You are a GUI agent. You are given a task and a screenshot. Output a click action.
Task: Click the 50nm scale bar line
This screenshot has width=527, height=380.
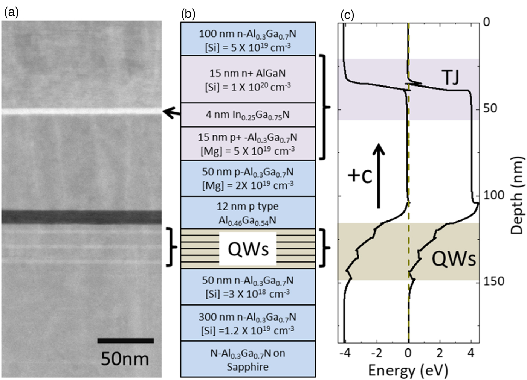(x=125, y=340)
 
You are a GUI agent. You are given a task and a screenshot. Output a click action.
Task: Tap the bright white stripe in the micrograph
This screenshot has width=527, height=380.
(x=81, y=111)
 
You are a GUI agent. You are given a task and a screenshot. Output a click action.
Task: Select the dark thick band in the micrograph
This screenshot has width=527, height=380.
(x=81, y=217)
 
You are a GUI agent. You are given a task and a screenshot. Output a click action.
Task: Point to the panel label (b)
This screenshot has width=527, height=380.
(x=188, y=14)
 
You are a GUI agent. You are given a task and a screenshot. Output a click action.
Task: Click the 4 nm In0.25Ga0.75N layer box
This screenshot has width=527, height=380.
(x=248, y=115)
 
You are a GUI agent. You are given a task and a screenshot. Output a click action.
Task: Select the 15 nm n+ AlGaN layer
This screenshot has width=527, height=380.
(x=248, y=79)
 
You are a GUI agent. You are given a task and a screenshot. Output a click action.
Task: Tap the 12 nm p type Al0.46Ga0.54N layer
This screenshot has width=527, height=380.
(x=248, y=213)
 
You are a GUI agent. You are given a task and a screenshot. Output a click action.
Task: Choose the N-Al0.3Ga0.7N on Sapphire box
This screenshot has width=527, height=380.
(x=248, y=359)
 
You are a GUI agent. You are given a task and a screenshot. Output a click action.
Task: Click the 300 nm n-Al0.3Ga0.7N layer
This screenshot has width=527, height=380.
(x=248, y=323)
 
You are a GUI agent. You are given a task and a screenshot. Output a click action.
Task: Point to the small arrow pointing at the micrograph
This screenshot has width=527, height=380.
(x=171, y=112)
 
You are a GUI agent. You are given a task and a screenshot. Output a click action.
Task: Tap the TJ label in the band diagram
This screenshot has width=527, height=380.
(x=451, y=78)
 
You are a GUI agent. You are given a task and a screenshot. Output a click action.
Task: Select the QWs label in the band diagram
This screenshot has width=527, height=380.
(x=453, y=259)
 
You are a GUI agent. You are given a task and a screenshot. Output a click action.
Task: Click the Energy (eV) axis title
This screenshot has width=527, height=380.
(x=408, y=370)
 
